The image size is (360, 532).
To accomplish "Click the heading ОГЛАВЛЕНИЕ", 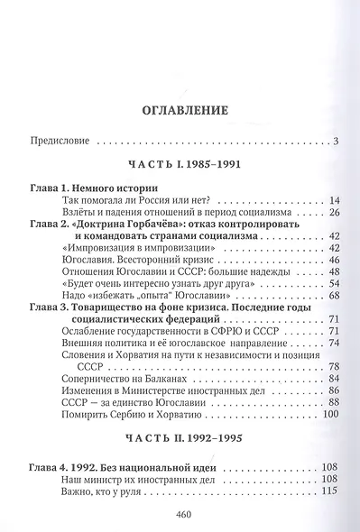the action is [180, 111].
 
